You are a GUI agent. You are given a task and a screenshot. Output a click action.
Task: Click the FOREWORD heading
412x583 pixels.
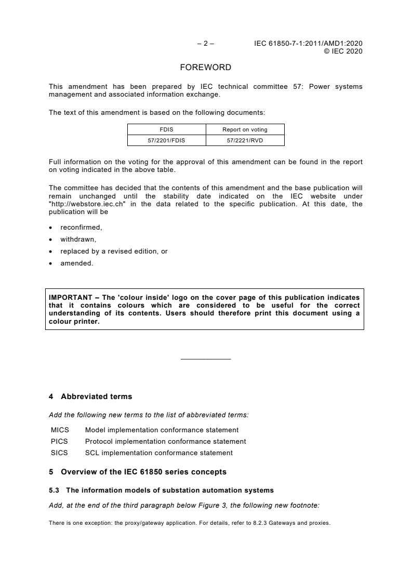(206, 68)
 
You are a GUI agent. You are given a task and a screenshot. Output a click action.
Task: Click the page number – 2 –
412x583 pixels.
(206, 44)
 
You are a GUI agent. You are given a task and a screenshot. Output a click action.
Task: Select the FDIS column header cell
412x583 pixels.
(167, 129)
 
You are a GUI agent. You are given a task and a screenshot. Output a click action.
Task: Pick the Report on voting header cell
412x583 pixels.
(245, 129)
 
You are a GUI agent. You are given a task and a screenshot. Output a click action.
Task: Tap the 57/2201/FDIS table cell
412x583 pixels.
(167, 140)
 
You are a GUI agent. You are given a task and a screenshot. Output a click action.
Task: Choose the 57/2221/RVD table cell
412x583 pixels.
(245, 140)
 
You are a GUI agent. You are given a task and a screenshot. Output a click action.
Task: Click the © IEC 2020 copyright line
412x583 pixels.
(343, 51)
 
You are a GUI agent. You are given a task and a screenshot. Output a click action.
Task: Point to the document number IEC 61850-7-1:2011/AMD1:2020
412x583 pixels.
(308, 44)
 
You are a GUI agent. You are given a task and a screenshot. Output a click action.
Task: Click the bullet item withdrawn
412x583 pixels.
(78, 240)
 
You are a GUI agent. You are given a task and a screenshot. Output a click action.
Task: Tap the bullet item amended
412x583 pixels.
(76, 263)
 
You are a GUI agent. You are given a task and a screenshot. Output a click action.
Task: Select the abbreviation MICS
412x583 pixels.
(60, 430)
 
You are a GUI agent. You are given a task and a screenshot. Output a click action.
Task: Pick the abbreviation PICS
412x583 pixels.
(60, 441)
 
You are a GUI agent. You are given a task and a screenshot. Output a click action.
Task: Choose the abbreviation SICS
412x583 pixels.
(60, 453)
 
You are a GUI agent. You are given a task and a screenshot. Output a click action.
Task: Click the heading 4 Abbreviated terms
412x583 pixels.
(90, 396)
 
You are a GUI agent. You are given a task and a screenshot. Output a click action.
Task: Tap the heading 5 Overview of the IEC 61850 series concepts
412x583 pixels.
(137, 472)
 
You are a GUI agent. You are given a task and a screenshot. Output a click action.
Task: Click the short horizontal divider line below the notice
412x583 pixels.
(206, 359)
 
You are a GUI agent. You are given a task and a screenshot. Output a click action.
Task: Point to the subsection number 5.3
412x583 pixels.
(55, 491)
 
